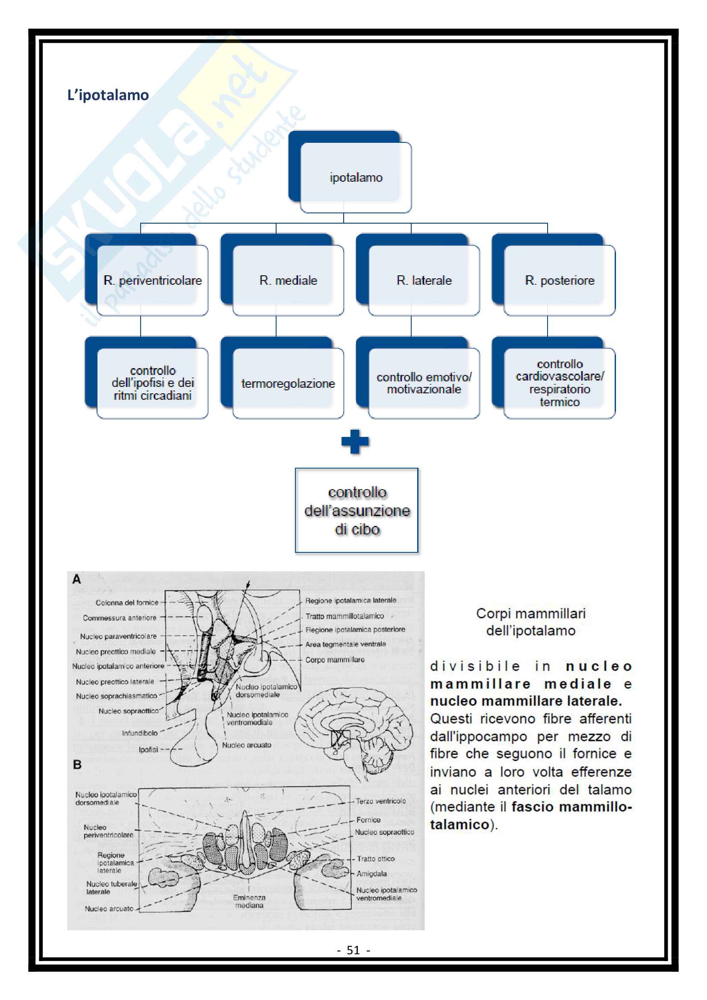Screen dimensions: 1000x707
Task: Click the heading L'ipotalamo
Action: [108, 95]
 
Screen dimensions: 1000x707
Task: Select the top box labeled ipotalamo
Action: [355, 177]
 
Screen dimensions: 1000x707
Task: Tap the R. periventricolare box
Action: [152, 280]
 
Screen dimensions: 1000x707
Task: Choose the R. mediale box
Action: [288, 280]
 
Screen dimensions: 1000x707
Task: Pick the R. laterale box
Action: [424, 280]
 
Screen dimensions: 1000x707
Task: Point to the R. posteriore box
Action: [560, 280]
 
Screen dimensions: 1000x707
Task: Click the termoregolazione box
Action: [288, 383]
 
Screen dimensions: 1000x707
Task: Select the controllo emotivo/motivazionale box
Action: [424, 383]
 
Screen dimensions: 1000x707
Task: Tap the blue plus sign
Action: [355, 442]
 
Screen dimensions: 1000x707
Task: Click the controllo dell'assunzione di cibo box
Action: [356, 510]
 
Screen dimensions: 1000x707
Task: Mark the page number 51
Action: [353, 950]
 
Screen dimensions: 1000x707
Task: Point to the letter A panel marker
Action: [77, 579]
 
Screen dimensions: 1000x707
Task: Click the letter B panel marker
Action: [77, 764]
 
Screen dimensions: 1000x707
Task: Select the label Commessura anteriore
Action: [119, 618]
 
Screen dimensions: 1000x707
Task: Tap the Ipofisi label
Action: [148, 749]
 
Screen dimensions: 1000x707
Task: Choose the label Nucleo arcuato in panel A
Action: [246, 745]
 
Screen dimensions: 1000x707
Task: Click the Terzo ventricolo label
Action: [380, 801]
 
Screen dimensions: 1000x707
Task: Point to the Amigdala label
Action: [371, 873]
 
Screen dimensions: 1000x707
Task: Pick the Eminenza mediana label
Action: [249, 901]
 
